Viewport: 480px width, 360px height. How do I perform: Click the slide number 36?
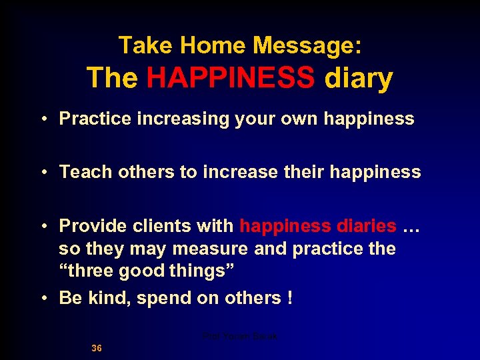97,348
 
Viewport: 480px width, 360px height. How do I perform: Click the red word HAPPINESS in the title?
231,78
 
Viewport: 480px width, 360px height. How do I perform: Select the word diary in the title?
359,78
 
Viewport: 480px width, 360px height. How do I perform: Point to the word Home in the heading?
204,45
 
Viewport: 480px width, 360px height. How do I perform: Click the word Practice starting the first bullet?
96,119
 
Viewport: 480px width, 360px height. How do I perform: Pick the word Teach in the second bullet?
86,172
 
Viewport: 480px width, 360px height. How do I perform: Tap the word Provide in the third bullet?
93,226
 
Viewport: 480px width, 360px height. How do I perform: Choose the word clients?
164,226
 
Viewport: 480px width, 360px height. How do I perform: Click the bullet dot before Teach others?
43,173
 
